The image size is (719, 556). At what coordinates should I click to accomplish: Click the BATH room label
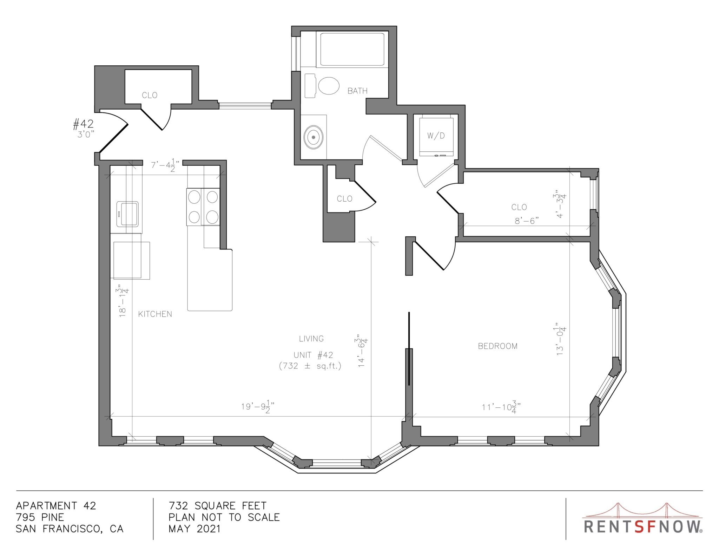[357, 91]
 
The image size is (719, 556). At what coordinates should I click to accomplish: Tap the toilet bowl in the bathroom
[329, 86]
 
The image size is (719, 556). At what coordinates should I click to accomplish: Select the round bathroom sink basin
[313, 137]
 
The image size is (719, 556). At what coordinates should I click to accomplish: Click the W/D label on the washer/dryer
[436, 136]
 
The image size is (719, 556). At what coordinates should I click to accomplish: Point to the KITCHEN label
[155, 314]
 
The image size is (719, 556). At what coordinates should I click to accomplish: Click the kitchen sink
[127, 214]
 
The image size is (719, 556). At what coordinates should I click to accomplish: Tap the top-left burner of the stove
[194, 197]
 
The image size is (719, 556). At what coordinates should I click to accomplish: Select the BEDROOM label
[498, 346]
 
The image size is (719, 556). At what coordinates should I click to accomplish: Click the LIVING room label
[311, 339]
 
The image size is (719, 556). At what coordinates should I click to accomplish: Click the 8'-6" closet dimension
[527, 221]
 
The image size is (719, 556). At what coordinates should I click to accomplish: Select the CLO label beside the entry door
[150, 95]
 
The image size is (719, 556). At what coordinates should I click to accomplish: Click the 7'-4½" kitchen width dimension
[165, 165]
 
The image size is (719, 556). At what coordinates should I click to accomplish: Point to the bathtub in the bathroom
[352, 49]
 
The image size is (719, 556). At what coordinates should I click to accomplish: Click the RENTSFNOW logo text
[643, 526]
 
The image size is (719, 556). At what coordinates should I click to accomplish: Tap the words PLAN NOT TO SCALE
[224, 517]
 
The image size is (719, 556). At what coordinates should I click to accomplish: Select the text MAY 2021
[194, 529]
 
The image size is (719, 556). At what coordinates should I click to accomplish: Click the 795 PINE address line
[40, 517]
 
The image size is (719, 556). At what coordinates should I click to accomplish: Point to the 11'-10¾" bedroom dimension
[501, 407]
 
